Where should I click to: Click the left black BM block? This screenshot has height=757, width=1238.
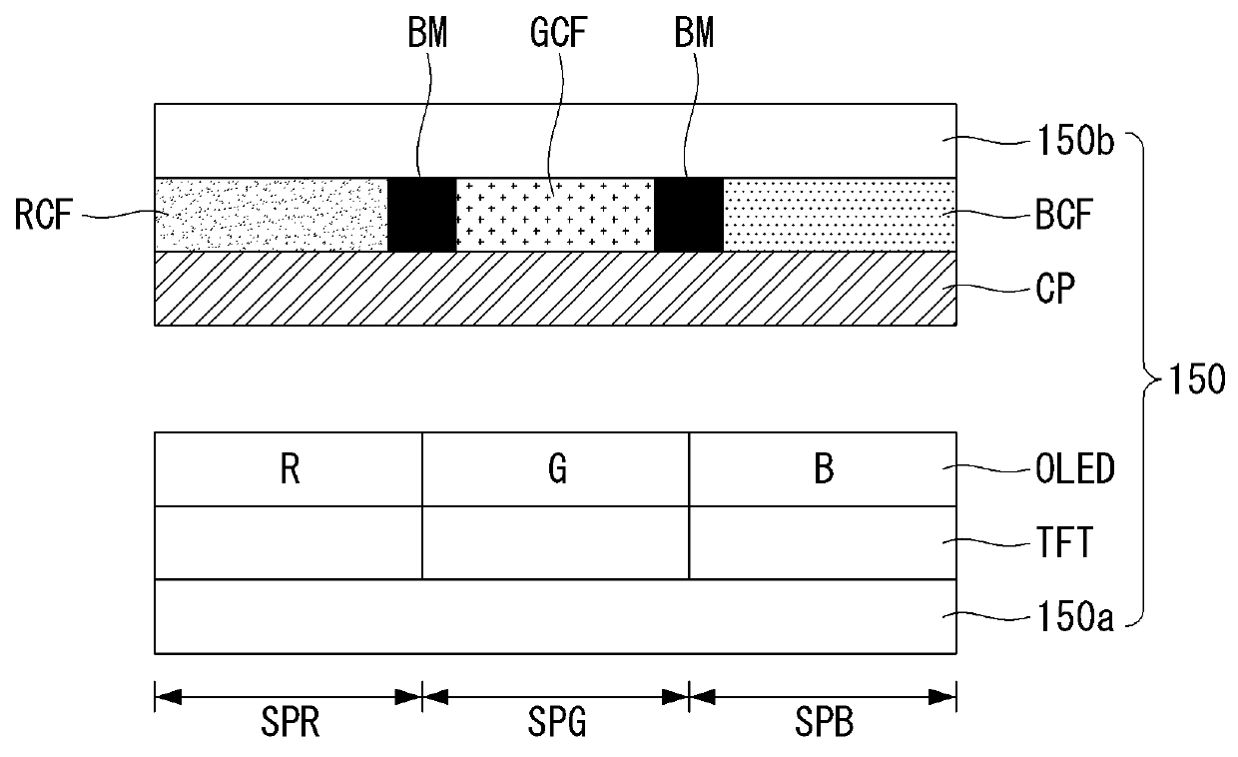pos(421,214)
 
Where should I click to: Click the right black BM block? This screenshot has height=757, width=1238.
pos(688,214)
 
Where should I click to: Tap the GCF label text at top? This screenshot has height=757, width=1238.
pos(553,36)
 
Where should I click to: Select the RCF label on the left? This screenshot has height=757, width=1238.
pos(46,215)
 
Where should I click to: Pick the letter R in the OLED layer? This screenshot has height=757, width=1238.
pos(290,469)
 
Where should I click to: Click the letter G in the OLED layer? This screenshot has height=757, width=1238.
pos(556,469)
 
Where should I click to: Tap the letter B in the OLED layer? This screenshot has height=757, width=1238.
pos(823,469)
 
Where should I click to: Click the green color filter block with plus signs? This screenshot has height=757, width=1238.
pos(554,214)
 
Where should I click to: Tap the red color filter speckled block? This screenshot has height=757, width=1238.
pos(271,214)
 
